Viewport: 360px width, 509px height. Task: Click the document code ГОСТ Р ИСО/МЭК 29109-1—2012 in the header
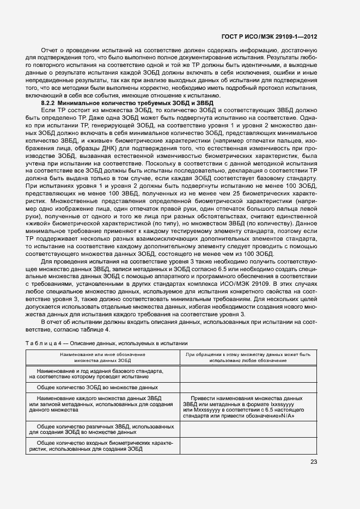point(278,36)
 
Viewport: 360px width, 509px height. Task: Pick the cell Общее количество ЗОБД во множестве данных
point(97,387)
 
